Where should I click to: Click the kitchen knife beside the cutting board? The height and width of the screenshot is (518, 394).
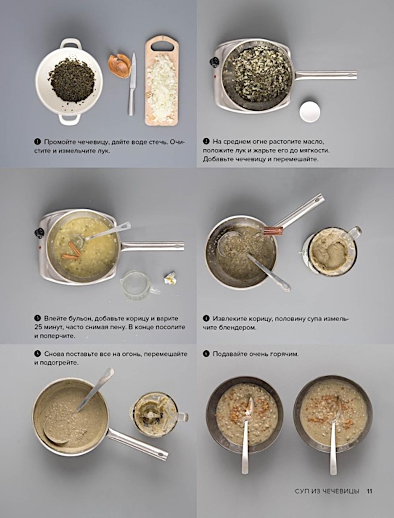point(132,84)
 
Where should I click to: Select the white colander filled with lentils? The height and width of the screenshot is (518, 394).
point(69,81)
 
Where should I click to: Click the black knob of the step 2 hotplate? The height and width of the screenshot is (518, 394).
point(214,62)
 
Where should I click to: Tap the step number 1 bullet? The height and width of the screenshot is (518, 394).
point(37,142)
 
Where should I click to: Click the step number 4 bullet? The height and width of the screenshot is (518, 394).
point(206,318)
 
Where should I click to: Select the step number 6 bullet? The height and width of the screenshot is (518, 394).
point(206,354)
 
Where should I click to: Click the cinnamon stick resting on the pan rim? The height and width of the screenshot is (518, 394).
point(273,230)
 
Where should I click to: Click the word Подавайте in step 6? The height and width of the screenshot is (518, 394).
point(228,354)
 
